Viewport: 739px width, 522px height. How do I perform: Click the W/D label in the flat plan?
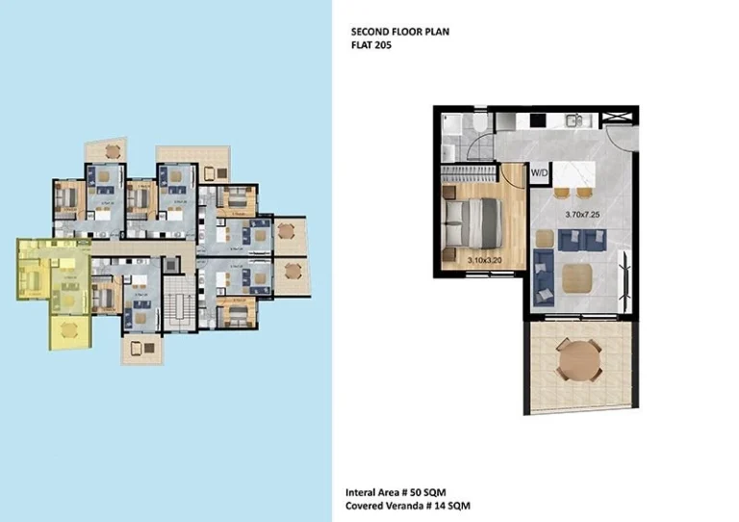click(540, 172)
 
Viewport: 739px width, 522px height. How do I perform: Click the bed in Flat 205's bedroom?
click(477, 222)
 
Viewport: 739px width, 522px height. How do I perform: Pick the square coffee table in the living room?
click(578, 278)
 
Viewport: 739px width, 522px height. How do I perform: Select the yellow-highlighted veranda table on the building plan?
click(68, 329)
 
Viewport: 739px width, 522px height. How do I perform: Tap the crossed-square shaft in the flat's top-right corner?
click(616, 119)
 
